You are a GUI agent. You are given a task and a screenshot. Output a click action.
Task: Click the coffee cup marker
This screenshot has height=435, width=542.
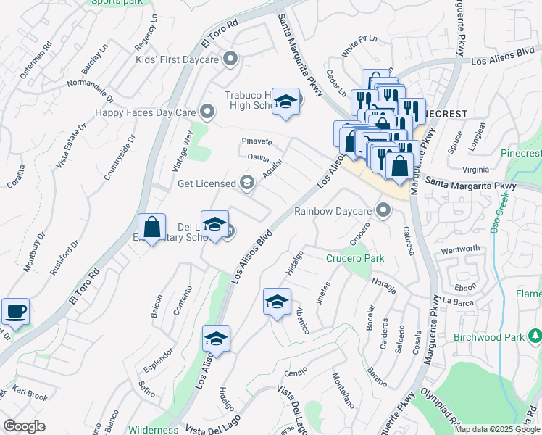[15, 312]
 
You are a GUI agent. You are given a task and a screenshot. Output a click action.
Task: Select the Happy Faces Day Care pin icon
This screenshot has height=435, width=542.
[207, 112]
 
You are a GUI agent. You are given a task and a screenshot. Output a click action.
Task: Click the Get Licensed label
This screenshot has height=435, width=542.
[207, 183]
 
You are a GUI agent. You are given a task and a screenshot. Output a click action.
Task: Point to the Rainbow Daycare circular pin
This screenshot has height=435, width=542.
[383, 211]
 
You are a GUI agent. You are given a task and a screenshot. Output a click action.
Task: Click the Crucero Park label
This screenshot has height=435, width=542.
[354, 258]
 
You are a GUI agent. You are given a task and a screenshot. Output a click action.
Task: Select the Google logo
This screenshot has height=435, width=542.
[24, 426]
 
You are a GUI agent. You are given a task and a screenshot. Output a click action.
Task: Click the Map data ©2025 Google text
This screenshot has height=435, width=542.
[497, 429]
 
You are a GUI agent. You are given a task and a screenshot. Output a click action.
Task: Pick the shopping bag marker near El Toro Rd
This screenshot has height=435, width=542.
[152, 228]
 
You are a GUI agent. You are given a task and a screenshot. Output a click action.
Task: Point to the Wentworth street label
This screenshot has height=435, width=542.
[460, 249]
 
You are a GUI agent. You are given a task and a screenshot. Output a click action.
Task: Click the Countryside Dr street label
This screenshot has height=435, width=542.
[120, 157]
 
